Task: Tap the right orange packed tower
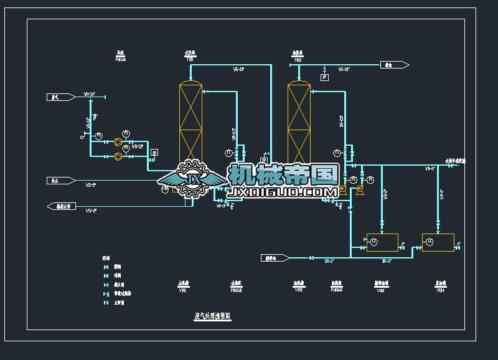point(299,125)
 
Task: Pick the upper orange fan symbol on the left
point(117,142)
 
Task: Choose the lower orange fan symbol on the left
point(117,157)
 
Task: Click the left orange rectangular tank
point(382,242)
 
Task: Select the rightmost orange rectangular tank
point(438,242)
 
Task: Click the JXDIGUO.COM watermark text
point(283,193)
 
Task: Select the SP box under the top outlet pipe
point(324,77)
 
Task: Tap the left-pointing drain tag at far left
point(60,206)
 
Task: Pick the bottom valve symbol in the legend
point(105,303)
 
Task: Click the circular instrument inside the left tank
point(374,242)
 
